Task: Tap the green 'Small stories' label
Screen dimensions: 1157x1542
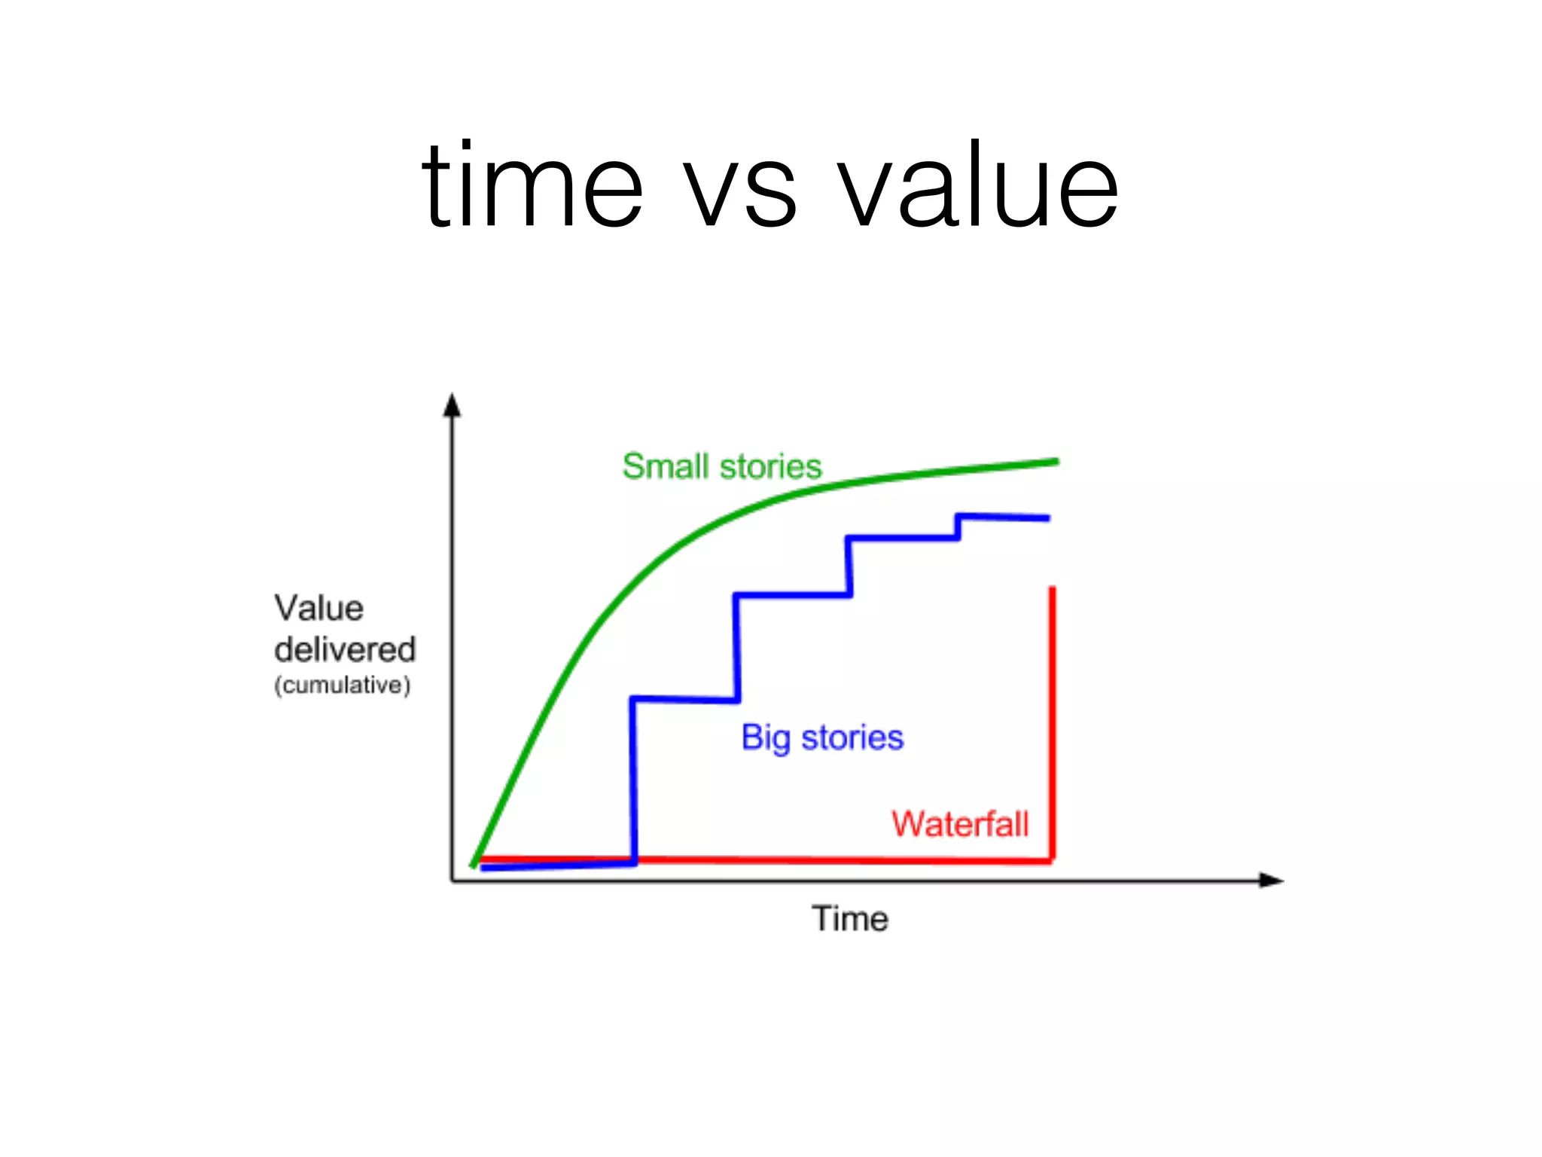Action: pyautogui.click(x=721, y=466)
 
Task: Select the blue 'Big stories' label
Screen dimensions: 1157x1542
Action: pyautogui.click(x=822, y=737)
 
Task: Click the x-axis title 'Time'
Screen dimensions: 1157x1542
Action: pyautogui.click(x=849, y=919)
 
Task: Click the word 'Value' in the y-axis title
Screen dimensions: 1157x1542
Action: pyautogui.click(x=318, y=608)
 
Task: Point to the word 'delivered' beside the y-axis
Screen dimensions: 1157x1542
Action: pyautogui.click(x=345, y=649)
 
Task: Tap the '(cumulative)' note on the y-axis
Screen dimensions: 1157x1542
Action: pyautogui.click(x=343, y=685)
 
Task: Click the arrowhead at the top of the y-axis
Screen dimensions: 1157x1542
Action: pyautogui.click(x=452, y=405)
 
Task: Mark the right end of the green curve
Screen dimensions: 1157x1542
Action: pyautogui.click(x=1056, y=462)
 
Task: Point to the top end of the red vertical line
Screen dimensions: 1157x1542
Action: pyautogui.click(x=1053, y=590)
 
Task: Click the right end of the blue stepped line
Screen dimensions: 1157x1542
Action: pyautogui.click(x=1047, y=518)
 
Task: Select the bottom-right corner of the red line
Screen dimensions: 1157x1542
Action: pyautogui.click(x=1052, y=859)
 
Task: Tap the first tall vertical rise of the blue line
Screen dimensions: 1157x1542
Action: pyautogui.click(x=634, y=780)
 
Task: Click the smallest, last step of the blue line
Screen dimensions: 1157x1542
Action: pyautogui.click(x=958, y=527)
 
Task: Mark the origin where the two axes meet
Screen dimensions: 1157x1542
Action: pyautogui.click(x=452, y=881)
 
